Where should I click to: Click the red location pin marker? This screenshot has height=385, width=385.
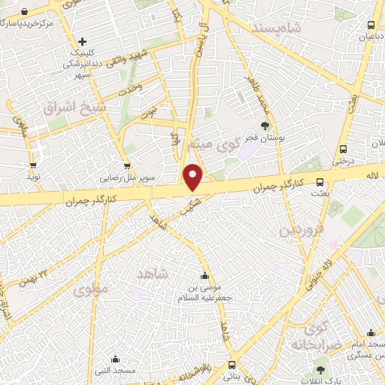click(194, 177)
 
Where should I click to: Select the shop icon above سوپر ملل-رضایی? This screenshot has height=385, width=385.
click(126, 167)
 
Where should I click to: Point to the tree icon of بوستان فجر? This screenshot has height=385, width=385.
click(264, 126)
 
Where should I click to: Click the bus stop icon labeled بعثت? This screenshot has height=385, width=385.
click(320, 181)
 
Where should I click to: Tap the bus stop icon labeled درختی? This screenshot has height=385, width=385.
click(343, 148)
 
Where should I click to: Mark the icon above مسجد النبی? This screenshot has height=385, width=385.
click(114, 359)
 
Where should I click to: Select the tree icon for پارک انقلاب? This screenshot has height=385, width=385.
click(321, 369)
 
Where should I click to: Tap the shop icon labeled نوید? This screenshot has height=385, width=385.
click(33, 165)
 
